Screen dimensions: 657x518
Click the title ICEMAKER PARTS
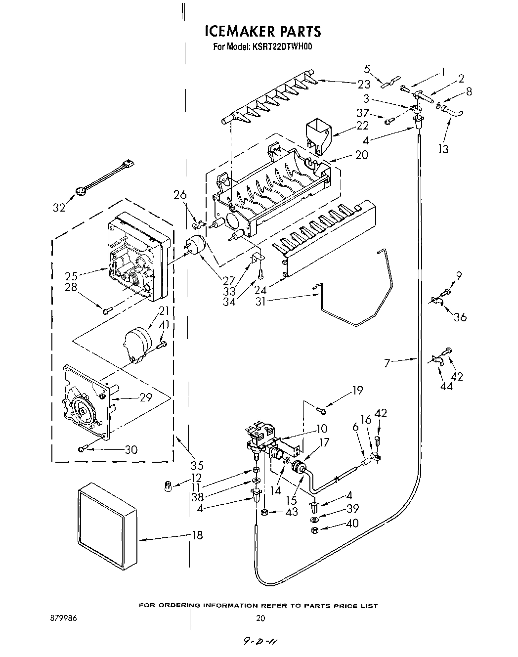point(262,32)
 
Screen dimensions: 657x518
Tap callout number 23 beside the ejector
point(364,84)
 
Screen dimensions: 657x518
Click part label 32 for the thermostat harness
point(59,208)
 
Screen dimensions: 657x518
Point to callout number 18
point(197,535)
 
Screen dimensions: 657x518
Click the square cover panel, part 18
point(107,525)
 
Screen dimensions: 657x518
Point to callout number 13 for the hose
point(443,148)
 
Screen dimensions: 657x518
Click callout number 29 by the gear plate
point(145,397)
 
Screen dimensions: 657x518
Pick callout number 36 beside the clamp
point(460,317)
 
